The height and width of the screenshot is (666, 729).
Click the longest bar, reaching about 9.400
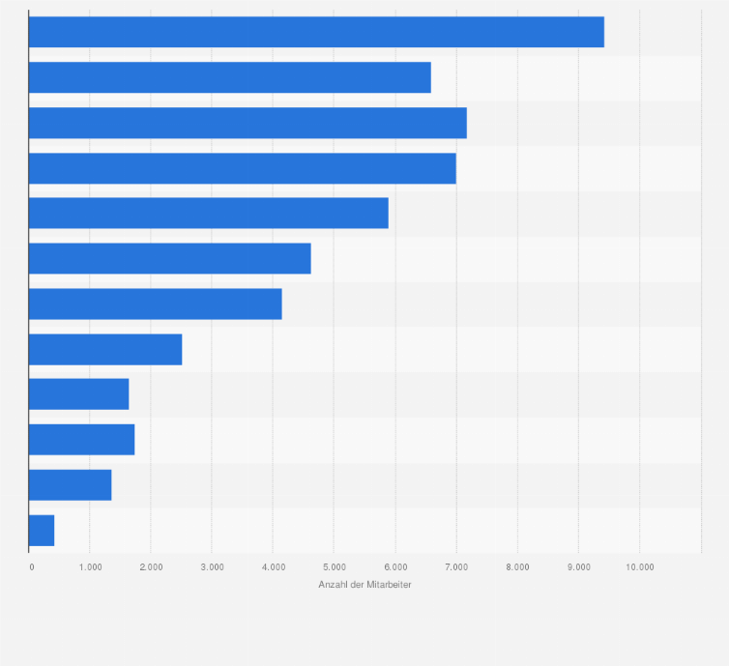(316, 32)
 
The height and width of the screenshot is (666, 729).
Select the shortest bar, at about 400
(42, 531)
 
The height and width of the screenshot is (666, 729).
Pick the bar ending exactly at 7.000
(242, 168)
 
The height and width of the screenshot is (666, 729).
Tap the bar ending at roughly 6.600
(229, 77)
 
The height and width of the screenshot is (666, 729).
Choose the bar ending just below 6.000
(208, 213)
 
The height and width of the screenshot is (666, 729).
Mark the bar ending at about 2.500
(105, 349)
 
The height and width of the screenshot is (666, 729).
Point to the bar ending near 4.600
(169, 258)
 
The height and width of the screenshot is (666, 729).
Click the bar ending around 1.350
(70, 485)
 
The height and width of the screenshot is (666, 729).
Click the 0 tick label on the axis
(32, 566)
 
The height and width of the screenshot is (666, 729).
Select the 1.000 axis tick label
(90, 566)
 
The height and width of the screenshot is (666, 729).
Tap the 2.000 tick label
(151, 566)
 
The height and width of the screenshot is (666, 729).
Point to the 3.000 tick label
(212, 566)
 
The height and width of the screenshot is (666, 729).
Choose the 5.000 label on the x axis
(334, 566)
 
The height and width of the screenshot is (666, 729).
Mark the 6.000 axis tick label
(394, 566)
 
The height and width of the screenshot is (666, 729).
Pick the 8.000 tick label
(517, 566)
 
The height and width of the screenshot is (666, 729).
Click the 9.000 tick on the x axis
(578, 566)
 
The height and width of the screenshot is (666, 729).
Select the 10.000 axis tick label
(639, 566)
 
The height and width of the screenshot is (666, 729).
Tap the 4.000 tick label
(273, 566)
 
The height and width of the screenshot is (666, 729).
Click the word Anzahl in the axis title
(332, 585)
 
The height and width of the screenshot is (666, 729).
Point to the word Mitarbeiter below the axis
(389, 585)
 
